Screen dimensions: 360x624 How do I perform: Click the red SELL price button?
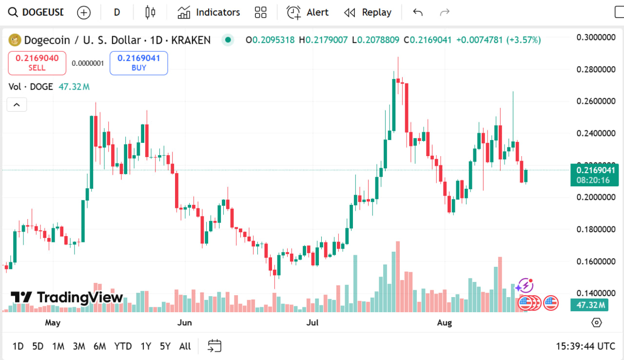pyautogui.click(x=37, y=63)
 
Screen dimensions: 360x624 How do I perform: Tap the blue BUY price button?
pyautogui.click(x=139, y=63)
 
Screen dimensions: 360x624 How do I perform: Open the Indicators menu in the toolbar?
pyautogui.click(x=209, y=12)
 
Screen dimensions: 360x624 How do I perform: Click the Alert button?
pyautogui.click(x=308, y=12)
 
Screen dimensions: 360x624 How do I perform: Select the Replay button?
pyautogui.click(x=368, y=12)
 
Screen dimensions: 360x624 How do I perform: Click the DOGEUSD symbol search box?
pyautogui.click(x=37, y=12)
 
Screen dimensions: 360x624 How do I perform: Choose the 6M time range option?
pyautogui.click(x=99, y=346)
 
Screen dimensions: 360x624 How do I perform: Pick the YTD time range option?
pyautogui.click(x=123, y=346)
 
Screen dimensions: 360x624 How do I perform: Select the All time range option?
pyautogui.click(x=185, y=346)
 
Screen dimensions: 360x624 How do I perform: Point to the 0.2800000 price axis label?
pyautogui.click(x=595, y=69)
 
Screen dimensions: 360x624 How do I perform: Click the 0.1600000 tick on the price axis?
pyautogui.click(x=595, y=261)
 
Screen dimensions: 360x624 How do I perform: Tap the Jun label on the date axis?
pyautogui.click(x=184, y=322)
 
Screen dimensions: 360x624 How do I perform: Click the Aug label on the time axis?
pyautogui.click(x=445, y=322)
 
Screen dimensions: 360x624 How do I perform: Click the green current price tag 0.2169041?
pyautogui.click(x=594, y=170)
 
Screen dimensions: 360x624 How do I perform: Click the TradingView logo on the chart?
pyautogui.click(x=67, y=297)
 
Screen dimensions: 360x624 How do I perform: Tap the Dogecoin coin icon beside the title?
pyautogui.click(x=15, y=40)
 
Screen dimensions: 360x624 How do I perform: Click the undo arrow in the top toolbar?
pyautogui.click(x=418, y=12)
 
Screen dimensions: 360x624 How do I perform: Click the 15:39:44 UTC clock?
pyautogui.click(x=585, y=346)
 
